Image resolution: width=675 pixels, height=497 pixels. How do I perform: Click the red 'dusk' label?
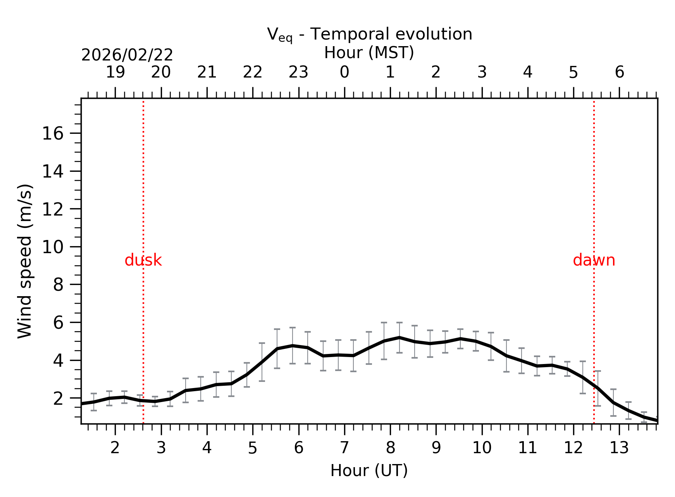[x=143, y=261]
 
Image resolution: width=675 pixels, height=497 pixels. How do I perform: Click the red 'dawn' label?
[x=594, y=261]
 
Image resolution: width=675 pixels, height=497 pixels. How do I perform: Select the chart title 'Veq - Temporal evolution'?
[x=370, y=35]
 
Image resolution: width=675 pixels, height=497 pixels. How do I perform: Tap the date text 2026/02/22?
[x=127, y=55]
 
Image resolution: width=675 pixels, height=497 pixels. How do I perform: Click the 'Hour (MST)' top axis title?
[x=369, y=53]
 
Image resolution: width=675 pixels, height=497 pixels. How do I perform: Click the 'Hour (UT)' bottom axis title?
[x=369, y=471]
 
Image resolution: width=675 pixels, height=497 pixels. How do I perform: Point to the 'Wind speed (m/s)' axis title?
[x=25, y=261]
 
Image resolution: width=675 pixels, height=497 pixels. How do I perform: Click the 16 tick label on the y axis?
[x=52, y=134]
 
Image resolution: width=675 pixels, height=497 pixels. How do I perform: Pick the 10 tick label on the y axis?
[x=52, y=247]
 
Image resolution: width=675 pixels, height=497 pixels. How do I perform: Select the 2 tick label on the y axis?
[x=58, y=399]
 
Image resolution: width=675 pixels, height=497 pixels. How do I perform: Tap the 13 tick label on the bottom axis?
[x=619, y=448]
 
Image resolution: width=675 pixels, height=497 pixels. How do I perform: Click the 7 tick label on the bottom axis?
[x=344, y=448]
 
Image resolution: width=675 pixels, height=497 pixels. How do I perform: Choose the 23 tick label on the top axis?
[x=298, y=72]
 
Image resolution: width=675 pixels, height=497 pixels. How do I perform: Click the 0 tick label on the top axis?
[x=344, y=72]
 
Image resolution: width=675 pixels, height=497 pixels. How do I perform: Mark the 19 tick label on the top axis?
[x=115, y=72]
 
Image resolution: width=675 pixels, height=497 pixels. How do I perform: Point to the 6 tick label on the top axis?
[x=619, y=72]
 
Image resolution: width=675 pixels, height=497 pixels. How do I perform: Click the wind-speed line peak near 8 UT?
[x=399, y=338]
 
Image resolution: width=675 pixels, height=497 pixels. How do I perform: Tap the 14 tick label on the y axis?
[x=52, y=171]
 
